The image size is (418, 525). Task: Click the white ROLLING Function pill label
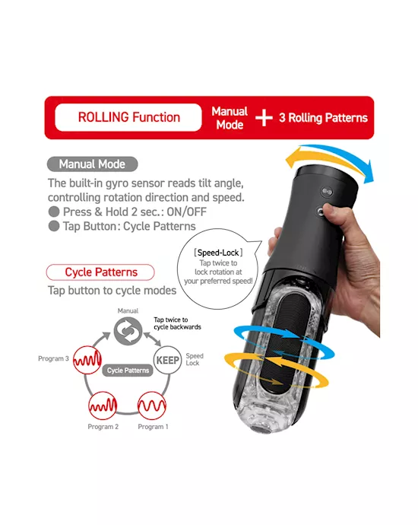128,118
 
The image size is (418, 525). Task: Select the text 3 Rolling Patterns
324,118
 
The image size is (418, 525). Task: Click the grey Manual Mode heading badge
92,164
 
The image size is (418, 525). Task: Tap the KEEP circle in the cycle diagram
168,358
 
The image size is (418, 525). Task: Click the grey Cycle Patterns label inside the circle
127,370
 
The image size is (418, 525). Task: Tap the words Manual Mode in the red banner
230,118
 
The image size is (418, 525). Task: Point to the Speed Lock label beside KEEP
195,359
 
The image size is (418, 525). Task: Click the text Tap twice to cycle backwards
177,325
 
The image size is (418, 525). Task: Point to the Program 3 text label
54,358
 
